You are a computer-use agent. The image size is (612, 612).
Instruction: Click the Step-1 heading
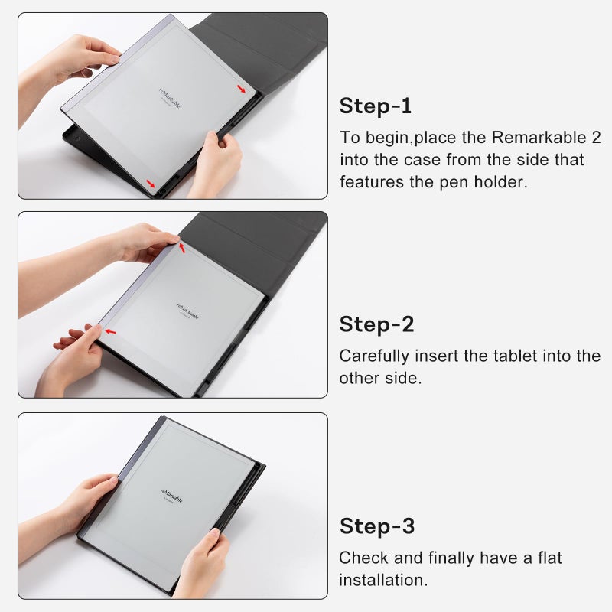376,106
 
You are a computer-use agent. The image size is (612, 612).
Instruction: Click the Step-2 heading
376,324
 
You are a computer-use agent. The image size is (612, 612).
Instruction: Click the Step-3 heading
377,526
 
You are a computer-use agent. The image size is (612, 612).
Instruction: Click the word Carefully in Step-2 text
374,356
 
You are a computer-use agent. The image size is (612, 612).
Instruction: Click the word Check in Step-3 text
360,558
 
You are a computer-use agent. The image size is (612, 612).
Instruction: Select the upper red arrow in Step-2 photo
182,246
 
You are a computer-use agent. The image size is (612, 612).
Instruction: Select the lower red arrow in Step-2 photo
112,331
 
